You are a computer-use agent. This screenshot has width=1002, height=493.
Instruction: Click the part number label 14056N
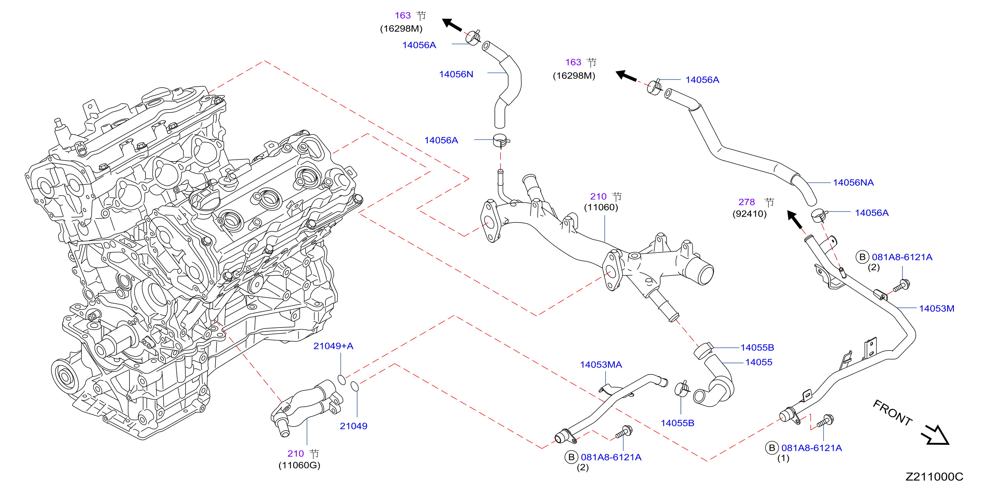point(456,74)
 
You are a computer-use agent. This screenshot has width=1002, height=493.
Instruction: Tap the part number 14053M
point(936,309)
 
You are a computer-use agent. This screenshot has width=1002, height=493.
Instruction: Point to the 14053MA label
point(601,364)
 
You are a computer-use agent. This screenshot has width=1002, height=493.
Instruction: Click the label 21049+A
point(333,346)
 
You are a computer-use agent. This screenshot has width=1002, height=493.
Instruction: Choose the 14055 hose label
point(759,362)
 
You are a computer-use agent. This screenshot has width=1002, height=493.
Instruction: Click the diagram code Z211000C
point(934,477)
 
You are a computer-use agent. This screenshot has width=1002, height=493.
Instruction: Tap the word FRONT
point(893,413)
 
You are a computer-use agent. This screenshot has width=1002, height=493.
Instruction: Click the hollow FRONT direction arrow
point(935,435)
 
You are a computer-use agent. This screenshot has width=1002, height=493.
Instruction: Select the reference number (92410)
point(750,214)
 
